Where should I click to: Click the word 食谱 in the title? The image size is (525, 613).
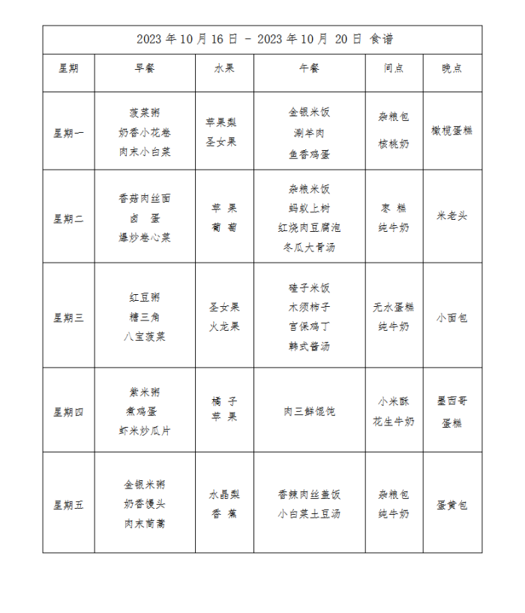(382, 39)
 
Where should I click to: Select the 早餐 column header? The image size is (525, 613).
(145, 68)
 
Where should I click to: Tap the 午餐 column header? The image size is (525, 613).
(309, 68)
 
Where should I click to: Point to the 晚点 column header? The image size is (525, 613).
(452, 68)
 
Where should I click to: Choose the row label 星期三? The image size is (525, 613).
(68, 317)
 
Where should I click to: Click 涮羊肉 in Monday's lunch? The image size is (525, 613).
(309, 134)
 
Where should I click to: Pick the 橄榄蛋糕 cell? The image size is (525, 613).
(452, 131)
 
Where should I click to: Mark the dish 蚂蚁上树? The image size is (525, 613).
(309, 209)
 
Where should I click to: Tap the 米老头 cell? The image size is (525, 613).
(452, 216)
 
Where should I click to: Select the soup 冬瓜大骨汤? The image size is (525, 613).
(309, 247)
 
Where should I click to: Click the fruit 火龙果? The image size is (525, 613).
(224, 327)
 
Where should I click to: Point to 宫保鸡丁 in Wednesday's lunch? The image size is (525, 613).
(309, 327)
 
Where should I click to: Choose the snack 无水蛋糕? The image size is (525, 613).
(394, 308)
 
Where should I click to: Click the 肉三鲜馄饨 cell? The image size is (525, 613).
(309, 411)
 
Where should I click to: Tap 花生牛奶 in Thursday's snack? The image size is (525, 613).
(394, 422)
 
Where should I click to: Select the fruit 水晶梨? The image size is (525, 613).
(224, 495)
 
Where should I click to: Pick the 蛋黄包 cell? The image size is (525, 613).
(452, 505)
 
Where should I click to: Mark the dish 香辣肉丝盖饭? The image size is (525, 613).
(309, 495)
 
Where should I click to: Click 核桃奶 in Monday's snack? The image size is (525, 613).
(394, 143)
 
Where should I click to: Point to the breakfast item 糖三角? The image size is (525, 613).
(145, 317)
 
